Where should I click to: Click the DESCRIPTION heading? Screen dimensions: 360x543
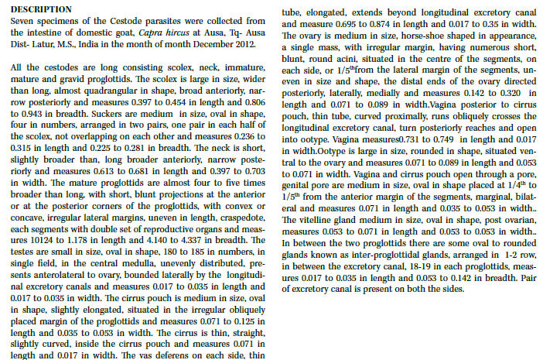click(39, 8)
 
